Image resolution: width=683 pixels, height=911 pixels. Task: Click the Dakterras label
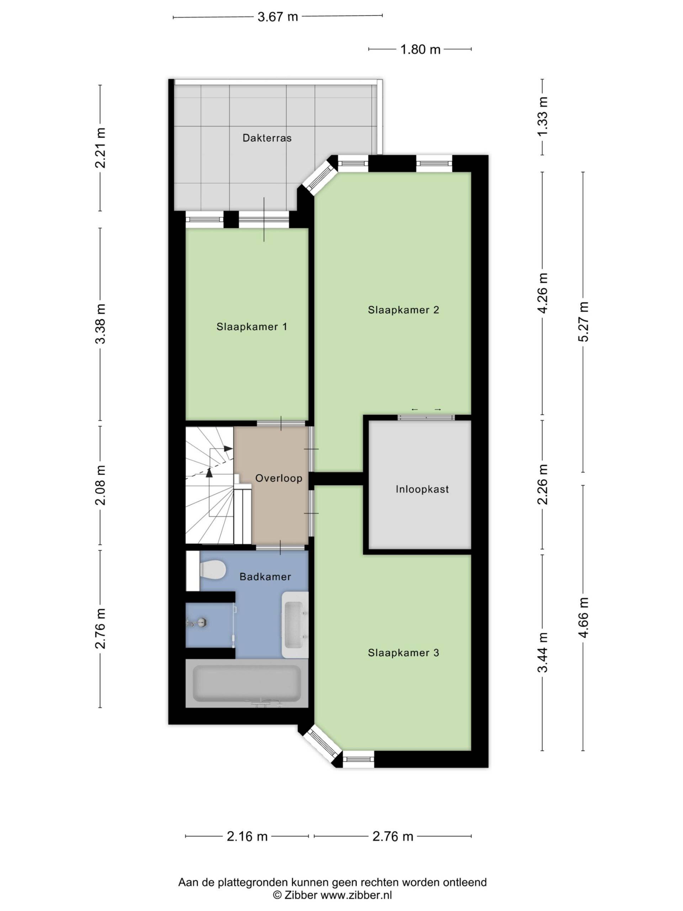click(267, 138)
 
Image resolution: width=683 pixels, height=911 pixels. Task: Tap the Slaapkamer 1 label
click(252, 327)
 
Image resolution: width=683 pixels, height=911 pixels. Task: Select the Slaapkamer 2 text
click(403, 310)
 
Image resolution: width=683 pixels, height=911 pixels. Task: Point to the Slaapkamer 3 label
click(403, 652)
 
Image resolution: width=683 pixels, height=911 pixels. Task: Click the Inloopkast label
click(422, 489)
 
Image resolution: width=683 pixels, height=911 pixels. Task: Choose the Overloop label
click(279, 478)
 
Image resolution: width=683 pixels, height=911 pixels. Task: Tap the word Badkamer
click(265, 576)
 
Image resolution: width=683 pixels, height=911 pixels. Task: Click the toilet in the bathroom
click(212, 570)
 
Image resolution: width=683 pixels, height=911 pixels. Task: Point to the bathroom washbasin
click(295, 625)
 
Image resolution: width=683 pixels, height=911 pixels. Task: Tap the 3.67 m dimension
click(278, 17)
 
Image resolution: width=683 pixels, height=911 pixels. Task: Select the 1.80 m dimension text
click(420, 49)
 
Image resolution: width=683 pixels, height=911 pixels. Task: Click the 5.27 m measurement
click(583, 322)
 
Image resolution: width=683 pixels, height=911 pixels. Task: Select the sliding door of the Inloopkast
click(426, 417)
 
